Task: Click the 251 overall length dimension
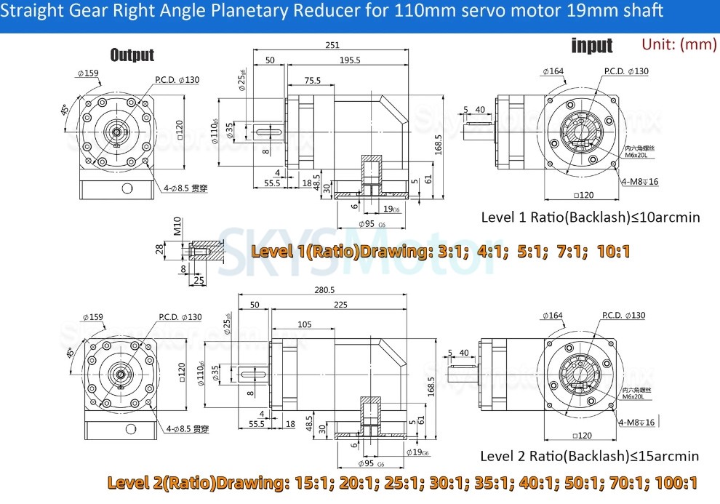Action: click(x=332, y=45)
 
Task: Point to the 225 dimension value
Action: click(x=340, y=305)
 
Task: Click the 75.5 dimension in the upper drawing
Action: click(x=313, y=81)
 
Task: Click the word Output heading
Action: click(x=132, y=55)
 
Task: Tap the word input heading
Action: click(x=592, y=46)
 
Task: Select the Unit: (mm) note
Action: click(x=679, y=44)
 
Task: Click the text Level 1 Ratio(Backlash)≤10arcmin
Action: click(x=591, y=217)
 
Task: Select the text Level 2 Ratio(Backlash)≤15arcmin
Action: click(x=589, y=456)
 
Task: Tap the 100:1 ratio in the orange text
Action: click(x=676, y=482)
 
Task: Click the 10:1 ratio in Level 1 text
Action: click(x=612, y=252)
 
